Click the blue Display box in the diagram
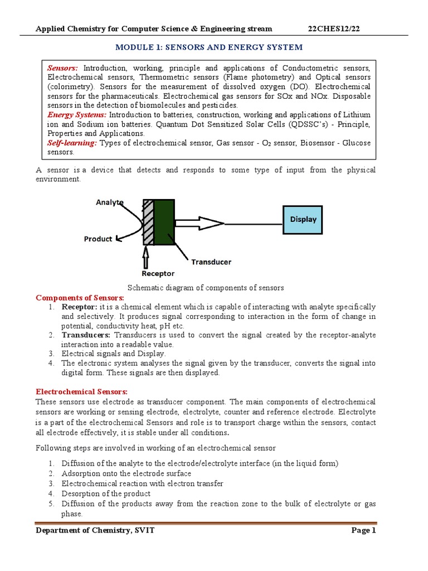[x=303, y=219]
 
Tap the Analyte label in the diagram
[x=110, y=202]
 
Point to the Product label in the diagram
[x=98, y=239]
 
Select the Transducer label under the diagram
[x=211, y=262]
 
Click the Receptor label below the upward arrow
[x=158, y=274]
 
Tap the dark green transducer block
[x=164, y=222]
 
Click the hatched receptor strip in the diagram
[x=148, y=222]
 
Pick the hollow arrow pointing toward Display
[x=201, y=224]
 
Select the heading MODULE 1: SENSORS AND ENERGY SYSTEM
[x=216, y=47]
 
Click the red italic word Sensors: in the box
[x=63, y=67]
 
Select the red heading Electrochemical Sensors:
[x=82, y=392]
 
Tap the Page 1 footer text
[x=364, y=531]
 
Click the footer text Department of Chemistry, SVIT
[x=95, y=531]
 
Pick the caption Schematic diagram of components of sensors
[x=206, y=288]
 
